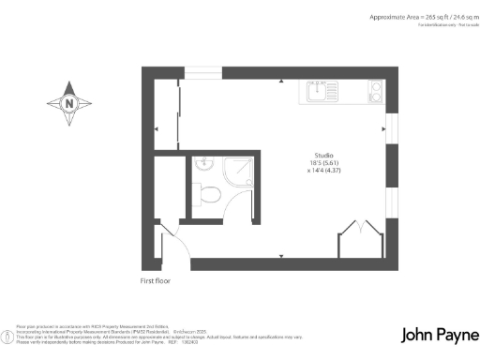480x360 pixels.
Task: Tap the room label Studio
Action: (x=324, y=155)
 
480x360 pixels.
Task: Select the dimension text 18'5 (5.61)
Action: (x=324, y=163)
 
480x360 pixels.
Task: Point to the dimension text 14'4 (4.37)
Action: (x=324, y=172)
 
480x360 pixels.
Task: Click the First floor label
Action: (x=156, y=280)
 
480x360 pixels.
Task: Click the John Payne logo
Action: (x=439, y=335)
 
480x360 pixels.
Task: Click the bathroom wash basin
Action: (x=205, y=167)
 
